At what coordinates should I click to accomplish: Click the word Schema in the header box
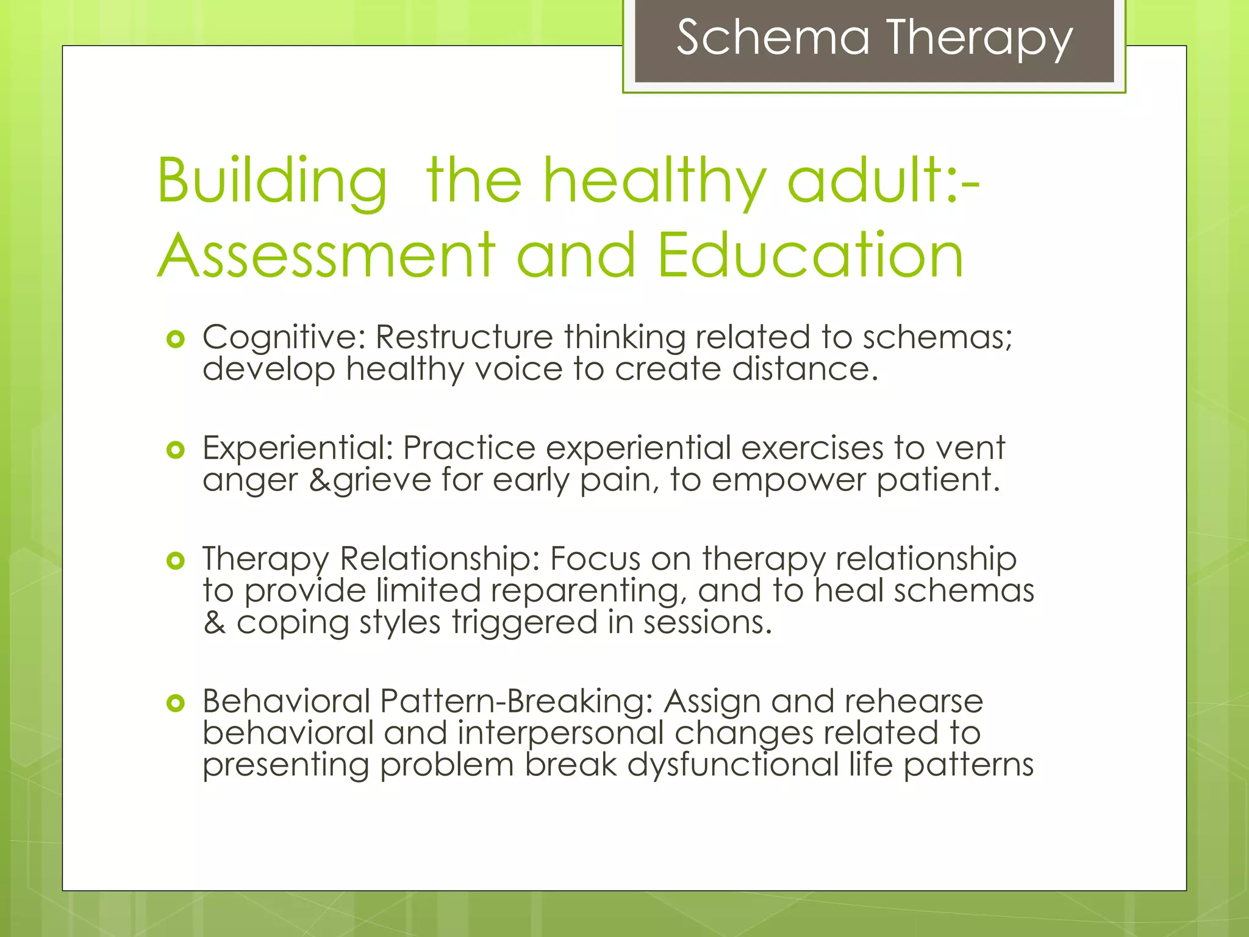pyautogui.click(x=773, y=38)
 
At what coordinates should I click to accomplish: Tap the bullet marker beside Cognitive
pyautogui.click(x=175, y=339)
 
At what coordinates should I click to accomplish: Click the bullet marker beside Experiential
pyautogui.click(x=175, y=450)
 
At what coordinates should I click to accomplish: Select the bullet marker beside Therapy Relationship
pyautogui.click(x=175, y=560)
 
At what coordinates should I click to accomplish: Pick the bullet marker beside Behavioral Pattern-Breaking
pyautogui.click(x=175, y=703)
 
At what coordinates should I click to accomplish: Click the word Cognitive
pyautogui.click(x=283, y=337)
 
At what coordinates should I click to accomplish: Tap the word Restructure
pyautogui.click(x=464, y=337)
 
